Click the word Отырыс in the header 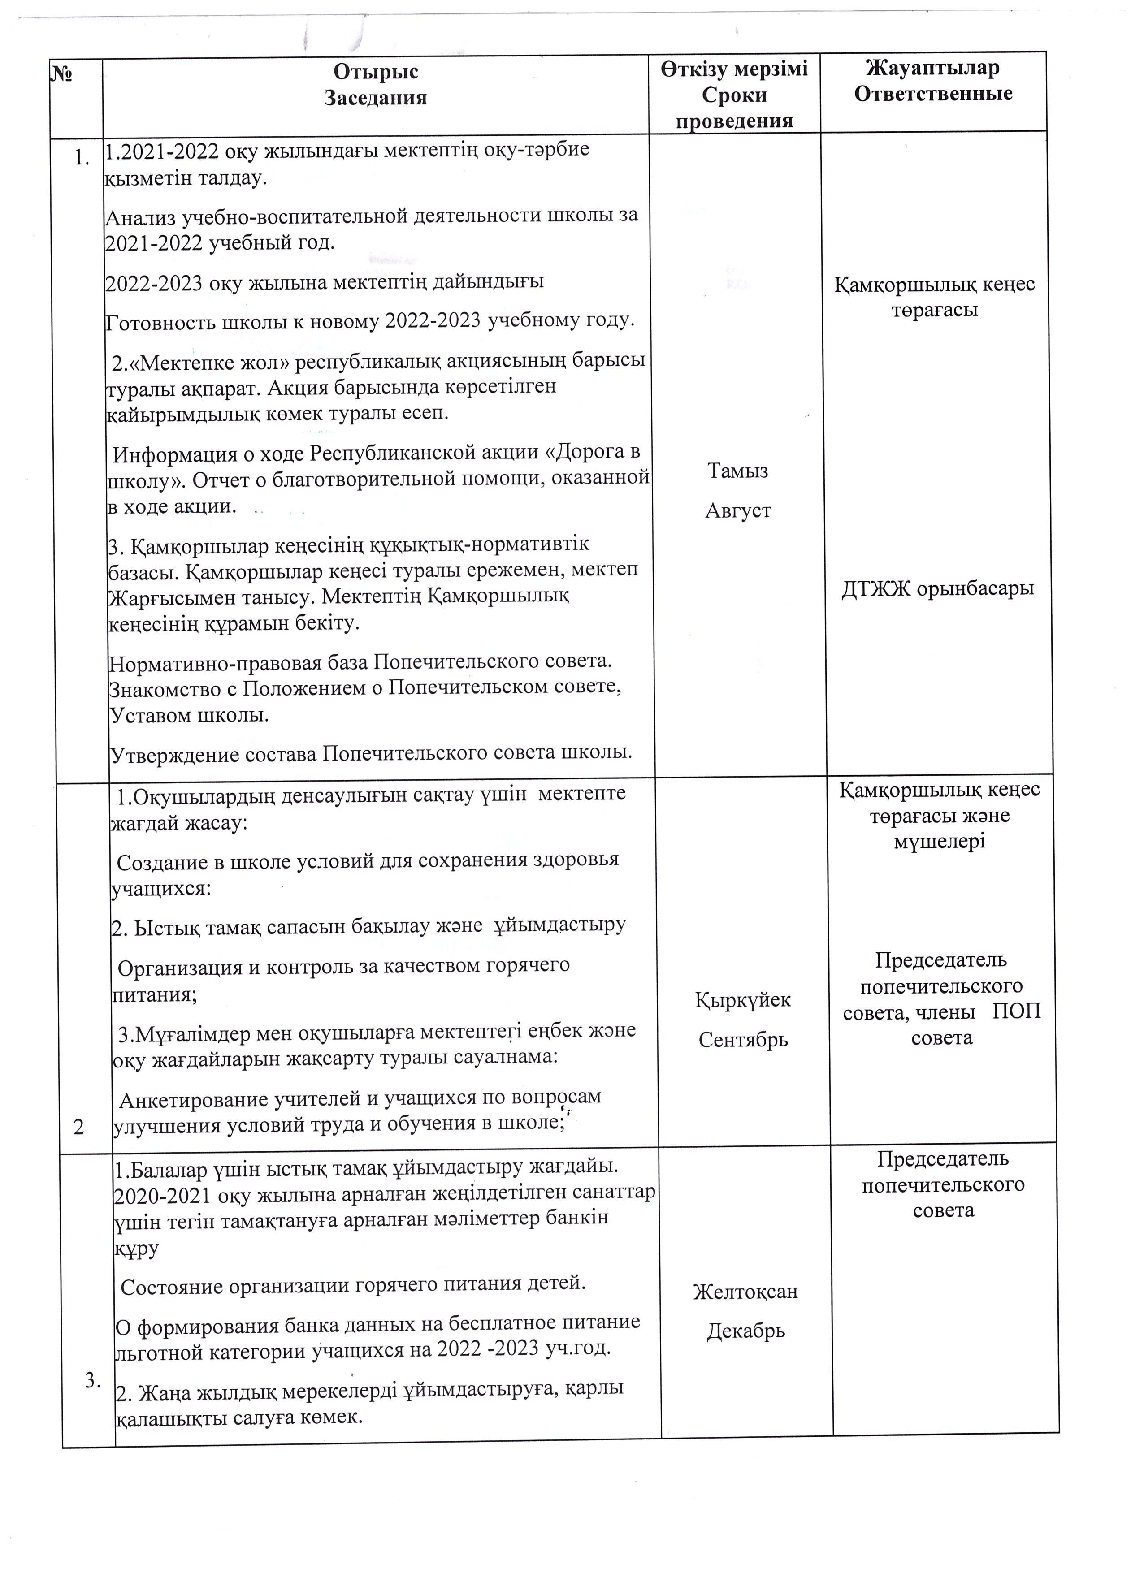[375, 71]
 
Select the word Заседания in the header [375, 97]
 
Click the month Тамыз [737, 471]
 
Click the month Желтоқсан [745, 1292]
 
